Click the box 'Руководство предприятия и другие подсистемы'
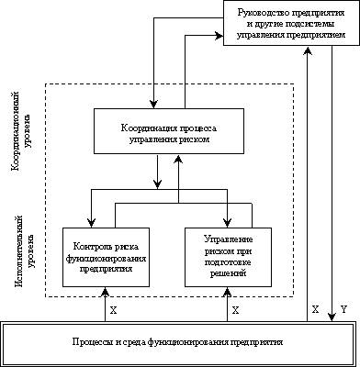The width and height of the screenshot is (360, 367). click(291, 23)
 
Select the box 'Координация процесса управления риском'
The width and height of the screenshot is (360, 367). click(169, 131)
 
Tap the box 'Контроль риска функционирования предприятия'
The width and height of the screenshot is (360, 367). click(106, 257)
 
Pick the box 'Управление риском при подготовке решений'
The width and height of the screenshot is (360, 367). click(228, 257)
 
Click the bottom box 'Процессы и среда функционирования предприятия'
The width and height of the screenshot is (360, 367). click(178, 342)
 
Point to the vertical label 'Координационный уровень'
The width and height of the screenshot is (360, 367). click(21, 130)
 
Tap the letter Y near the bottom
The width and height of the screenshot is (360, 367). click(343, 310)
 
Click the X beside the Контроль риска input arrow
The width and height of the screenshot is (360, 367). click(113, 311)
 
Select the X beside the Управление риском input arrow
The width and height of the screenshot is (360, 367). click(235, 311)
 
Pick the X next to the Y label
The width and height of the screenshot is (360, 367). click(315, 309)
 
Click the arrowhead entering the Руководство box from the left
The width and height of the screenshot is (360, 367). click(219, 36)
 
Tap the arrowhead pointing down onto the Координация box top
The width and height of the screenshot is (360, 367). click(154, 105)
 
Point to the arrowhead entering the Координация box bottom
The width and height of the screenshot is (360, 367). click(178, 158)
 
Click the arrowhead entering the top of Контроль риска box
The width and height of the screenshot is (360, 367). click(91, 223)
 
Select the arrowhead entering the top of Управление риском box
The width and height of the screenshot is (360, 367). click(228, 223)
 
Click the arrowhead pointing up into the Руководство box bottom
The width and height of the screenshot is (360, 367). click(307, 50)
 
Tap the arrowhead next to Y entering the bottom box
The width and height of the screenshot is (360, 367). click(332, 317)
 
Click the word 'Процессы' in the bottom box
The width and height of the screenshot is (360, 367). click(89, 342)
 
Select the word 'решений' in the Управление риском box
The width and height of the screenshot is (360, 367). click(228, 273)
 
